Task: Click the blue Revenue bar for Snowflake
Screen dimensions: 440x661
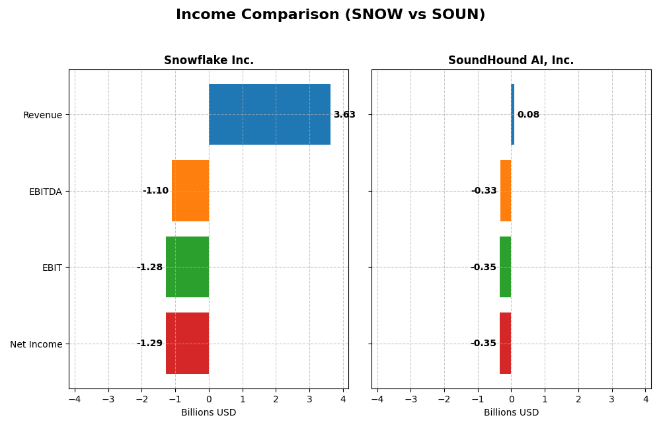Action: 270,114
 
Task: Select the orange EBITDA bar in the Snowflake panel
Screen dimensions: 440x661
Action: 190,191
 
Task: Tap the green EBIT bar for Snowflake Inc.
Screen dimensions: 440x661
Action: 187,267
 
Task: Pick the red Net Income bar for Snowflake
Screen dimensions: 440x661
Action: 187,344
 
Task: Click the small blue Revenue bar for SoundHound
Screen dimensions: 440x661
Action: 512,114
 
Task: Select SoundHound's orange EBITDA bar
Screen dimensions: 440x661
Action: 506,191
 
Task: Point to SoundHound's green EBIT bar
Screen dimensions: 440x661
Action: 505,267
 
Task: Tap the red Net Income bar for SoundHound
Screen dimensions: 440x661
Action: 505,344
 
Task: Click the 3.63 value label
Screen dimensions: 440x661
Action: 344,115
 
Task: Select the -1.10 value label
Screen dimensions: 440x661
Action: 155,191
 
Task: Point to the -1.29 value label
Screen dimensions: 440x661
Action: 149,344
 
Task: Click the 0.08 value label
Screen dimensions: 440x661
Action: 528,115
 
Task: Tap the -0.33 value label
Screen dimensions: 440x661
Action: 484,191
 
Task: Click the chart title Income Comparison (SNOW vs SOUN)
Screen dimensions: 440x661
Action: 330,15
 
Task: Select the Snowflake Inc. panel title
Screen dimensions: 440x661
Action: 209,61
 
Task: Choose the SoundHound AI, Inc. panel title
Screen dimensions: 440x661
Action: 511,61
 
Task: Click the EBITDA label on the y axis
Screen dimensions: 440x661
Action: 46,192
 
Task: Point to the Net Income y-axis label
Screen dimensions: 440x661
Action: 36,344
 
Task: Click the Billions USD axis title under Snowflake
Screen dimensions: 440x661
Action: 209,413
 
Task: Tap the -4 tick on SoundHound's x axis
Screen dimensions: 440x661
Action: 377,400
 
